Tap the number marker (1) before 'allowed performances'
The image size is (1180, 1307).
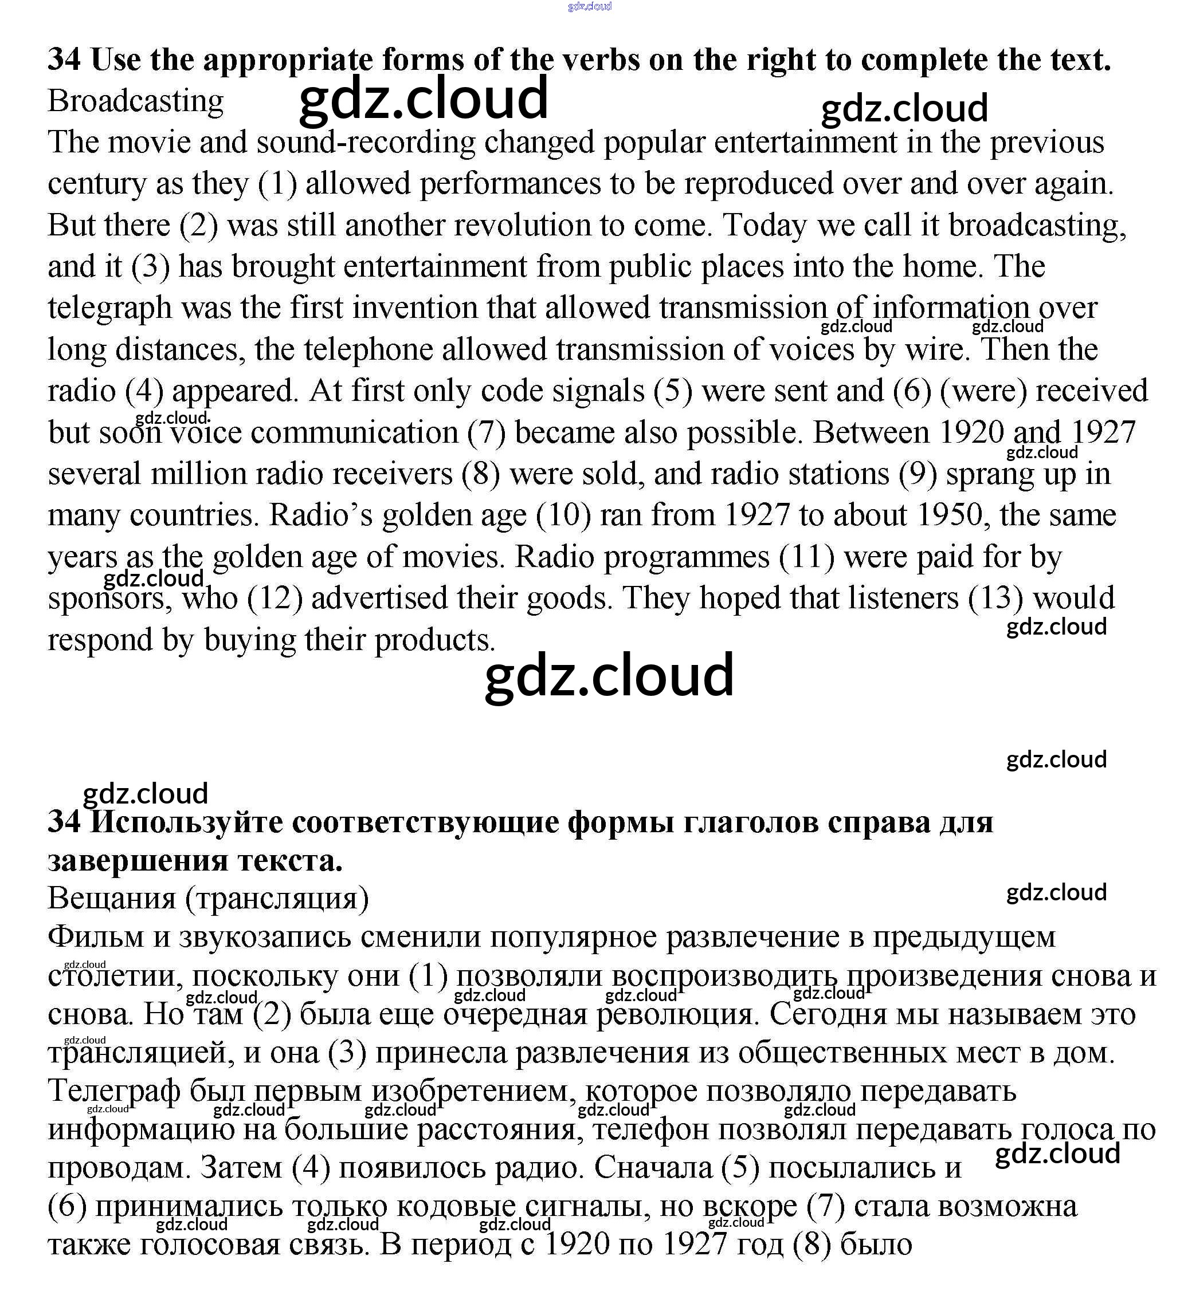(x=277, y=184)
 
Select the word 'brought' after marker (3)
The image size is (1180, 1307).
(x=283, y=267)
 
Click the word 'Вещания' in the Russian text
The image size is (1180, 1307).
(x=112, y=899)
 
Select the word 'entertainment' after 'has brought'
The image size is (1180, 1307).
(x=434, y=267)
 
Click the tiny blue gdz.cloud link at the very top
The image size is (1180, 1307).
(x=589, y=6)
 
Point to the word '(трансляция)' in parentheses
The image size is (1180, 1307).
(x=277, y=899)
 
